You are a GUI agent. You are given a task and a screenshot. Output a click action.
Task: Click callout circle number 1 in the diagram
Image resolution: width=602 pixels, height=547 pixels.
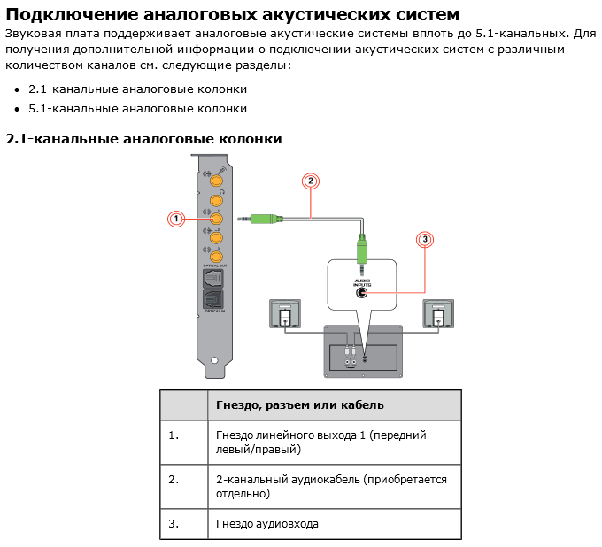[175, 218]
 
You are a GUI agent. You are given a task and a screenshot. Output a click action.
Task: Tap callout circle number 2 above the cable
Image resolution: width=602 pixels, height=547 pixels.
[310, 181]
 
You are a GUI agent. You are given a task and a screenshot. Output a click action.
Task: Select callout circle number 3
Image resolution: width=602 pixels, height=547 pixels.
[425, 239]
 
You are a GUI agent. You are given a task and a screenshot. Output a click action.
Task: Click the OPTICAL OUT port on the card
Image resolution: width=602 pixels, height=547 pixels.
[213, 279]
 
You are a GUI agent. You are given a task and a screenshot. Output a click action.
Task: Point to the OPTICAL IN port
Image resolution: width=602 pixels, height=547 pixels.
[213, 300]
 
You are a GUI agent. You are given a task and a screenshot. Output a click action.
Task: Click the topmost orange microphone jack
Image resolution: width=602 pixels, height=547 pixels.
[215, 181]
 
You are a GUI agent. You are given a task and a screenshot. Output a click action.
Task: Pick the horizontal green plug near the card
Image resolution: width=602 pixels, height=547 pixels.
[264, 218]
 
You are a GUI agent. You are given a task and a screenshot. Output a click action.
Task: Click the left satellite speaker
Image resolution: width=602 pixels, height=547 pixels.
[284, 314]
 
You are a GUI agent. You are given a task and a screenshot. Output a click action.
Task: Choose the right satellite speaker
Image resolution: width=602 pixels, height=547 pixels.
[438, 314]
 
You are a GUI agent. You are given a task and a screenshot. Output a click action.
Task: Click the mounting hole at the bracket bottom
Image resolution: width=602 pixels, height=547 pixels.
[215, 361]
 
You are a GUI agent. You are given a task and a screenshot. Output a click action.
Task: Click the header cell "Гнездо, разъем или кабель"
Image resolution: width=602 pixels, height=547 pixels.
[300, 405]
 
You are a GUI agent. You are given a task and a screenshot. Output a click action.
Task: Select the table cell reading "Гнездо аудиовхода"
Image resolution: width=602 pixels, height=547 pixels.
[266, 524]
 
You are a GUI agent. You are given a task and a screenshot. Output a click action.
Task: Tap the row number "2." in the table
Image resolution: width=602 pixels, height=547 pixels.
[174, 480]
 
